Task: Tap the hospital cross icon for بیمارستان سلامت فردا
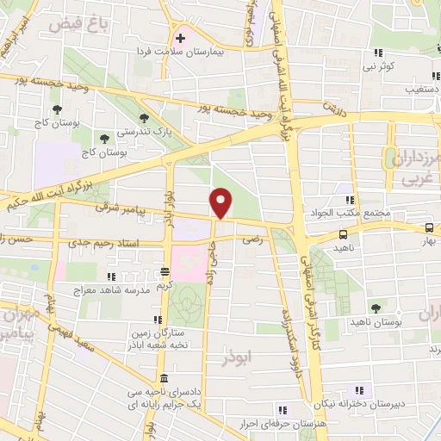point(180,39)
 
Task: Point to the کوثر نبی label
point(378,65)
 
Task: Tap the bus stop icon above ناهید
point(344,233)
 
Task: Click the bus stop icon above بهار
point(429,228)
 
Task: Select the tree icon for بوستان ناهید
point(375,307)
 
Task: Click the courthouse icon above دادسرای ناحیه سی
point(163,379)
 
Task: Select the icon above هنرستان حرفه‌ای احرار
point(282,409)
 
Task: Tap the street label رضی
point(252,243)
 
